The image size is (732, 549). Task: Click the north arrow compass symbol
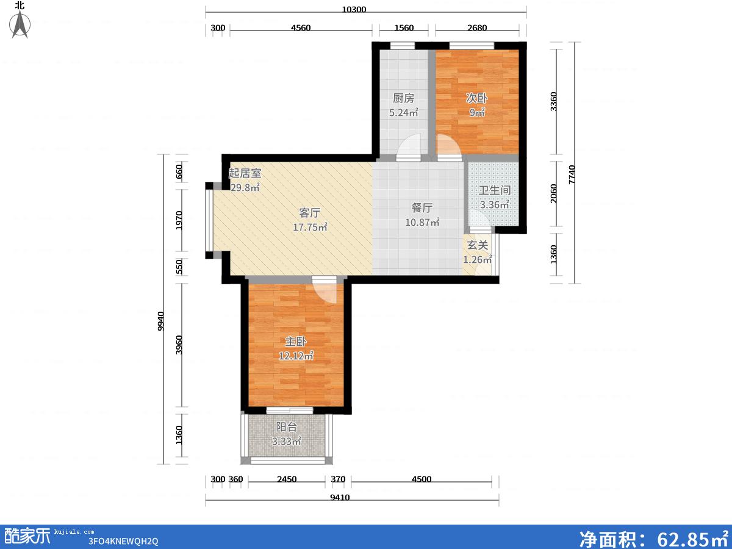pyautogui.click(x=20, y=24)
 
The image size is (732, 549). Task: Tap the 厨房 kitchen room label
pyautogui.click(x=404, y=98)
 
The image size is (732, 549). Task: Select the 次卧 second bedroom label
pyautogui.click(x=477, y=98)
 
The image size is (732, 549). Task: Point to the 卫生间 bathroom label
pyautogui.click(x=495, y=190)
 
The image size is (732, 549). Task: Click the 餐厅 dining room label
pyautogui.click(x=422, y=207)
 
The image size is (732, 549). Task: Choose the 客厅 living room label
pyautogui.click(x=310, y=213)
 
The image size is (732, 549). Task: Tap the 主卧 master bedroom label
pyautogui.click(x=296, y=342)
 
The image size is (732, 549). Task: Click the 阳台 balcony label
pyautogui.click(x=287, y=427)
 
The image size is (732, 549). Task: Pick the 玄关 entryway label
pyautogui.click(x=478, y=245)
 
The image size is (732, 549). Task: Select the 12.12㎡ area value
pyautogui.click(x=296, y=356)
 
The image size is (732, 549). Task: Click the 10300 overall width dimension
pyautogui.click(x=354, y=9)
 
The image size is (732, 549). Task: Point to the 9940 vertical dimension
pyautogui.click(x=161, y=321)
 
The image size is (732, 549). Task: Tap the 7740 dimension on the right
pyautogui.click(x=572, y=174)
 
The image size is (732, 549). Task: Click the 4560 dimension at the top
pyautogui.click(x=301, y=27)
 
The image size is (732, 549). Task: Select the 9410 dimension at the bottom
pyautogui.click(x=340, y=498)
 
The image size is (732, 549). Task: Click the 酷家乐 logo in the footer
pyautogui.click(x=27, y=536)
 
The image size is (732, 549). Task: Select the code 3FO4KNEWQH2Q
pyautogui.click(x=123, y=541)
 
